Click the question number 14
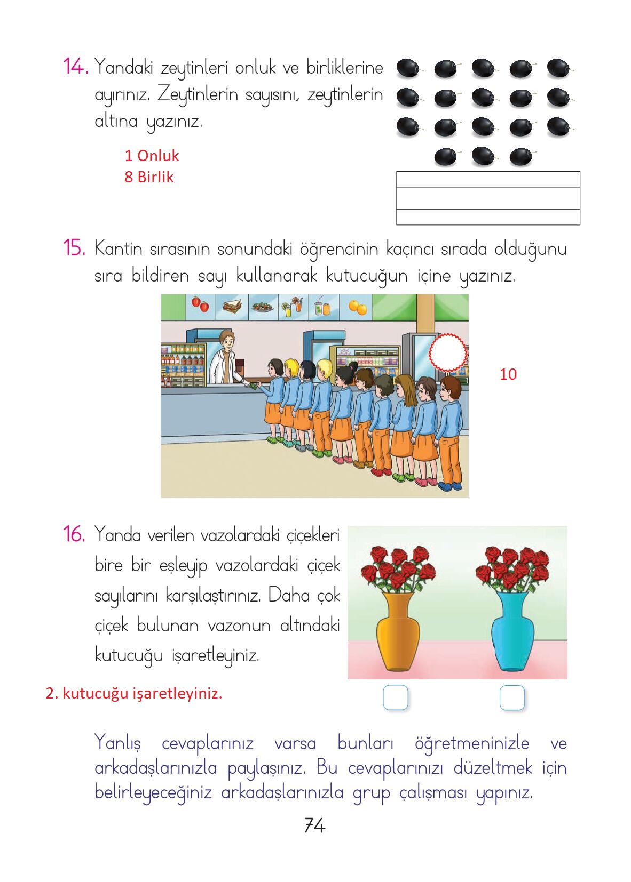tap(75, 66)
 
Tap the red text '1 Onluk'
tap(152, 156)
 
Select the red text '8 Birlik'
tap(149, 177)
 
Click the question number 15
tap(74, 248)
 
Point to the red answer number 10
tap(508, 374)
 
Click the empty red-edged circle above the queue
tap(448, 352)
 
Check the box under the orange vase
tap(396, 697)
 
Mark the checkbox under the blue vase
tap(512, 697)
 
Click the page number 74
tap(315, 825)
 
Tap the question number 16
tap(74, 534)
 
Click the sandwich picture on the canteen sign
tap(232, 306)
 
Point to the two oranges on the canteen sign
tap(358, 307)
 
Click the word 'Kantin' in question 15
tap(118, 249)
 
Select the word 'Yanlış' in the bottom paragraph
tap(117, 743)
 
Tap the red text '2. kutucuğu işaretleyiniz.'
tap(134, 693)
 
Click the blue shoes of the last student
tap(449, 487)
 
